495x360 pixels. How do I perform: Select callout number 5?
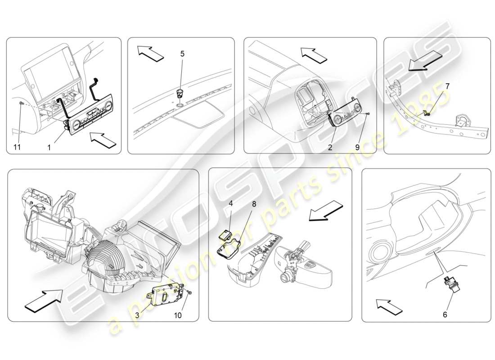pyautogui.click(x=182, y=54)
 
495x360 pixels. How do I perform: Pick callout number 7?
pyautogui.click(x=447, y=85)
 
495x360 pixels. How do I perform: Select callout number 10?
pyautogui.click(x=178, y=315)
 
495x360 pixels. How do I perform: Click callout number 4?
pyautogui.click(x=231, y=203)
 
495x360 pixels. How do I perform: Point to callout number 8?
pyautogui.click(x=254, y=204)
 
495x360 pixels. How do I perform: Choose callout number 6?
pyautogui.click(x=445, y=315)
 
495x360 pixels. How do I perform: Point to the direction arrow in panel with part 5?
pyautogui.click(x=151, y=53)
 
